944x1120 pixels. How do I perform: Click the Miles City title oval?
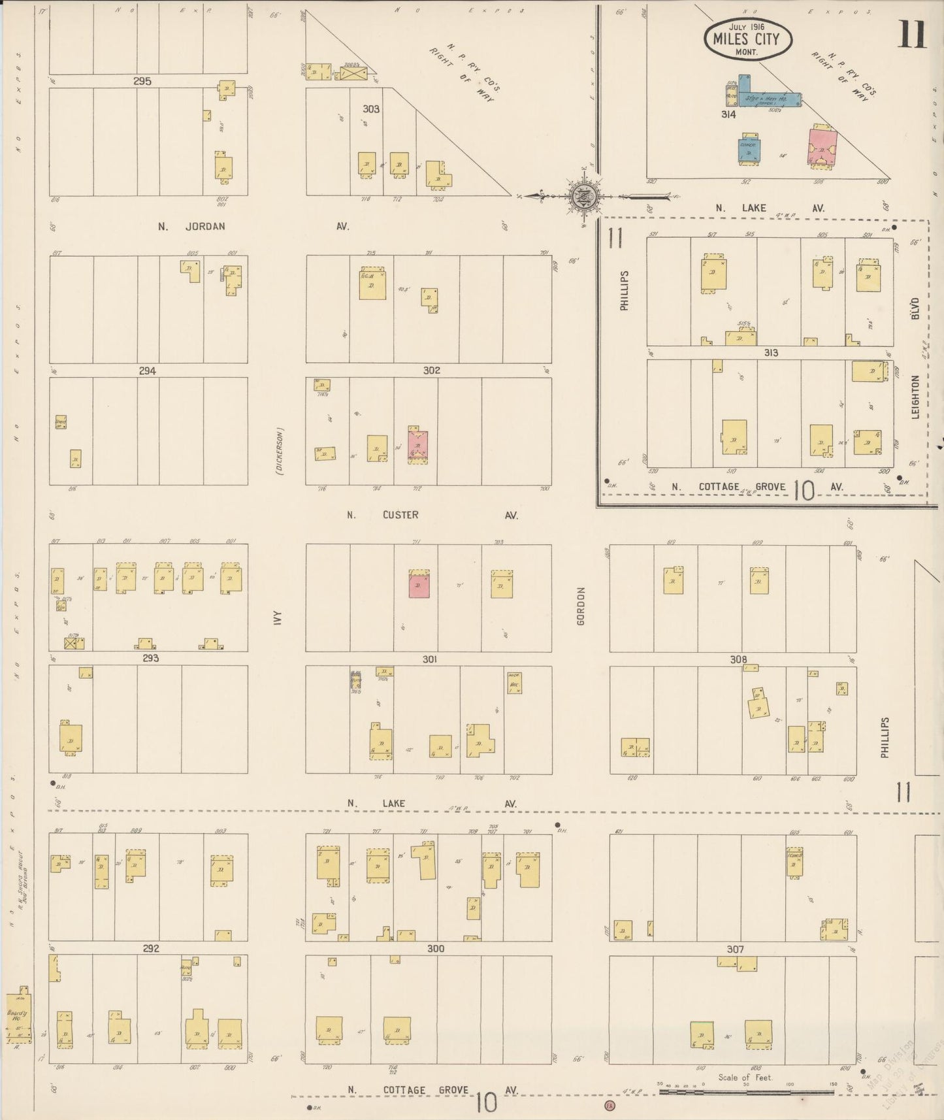[748, 39]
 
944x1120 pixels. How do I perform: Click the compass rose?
[582, 195]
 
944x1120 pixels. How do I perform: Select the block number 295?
[142, 82]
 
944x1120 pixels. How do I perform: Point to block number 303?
[371, 109]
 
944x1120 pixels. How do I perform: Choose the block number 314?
[729, 114]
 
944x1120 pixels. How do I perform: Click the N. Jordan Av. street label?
[191, 227]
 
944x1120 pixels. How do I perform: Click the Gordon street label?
[581, 606]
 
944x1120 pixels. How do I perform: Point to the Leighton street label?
[915, 396]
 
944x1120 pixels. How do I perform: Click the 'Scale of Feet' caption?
[745, 1078]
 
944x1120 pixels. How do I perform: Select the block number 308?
[738, 659]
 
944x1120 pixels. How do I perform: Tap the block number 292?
[150, 948]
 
